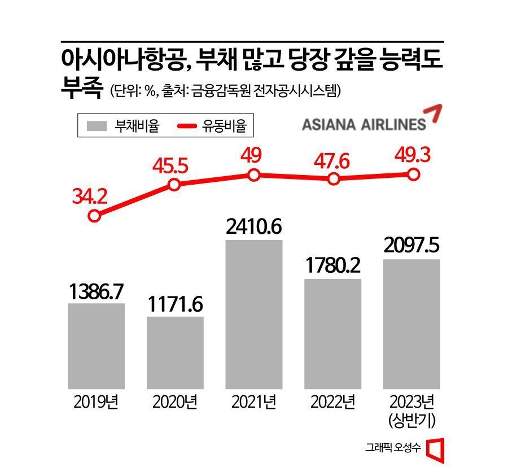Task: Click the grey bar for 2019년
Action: [x=96, y=346]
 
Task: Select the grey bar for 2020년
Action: [x=175, y=352]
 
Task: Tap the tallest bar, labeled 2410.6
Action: [x=254, y=314]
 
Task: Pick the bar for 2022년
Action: [x=333, y=334]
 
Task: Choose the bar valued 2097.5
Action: [x=411, y=324]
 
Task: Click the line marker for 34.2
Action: [x=95, y=216]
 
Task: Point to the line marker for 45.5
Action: [x=174, y=185]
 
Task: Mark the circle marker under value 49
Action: [x=254, y=175]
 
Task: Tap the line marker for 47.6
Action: [x=334, y=179]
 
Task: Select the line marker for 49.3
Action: [x=413, y=174]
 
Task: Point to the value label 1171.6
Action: [x=176, y=305]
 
